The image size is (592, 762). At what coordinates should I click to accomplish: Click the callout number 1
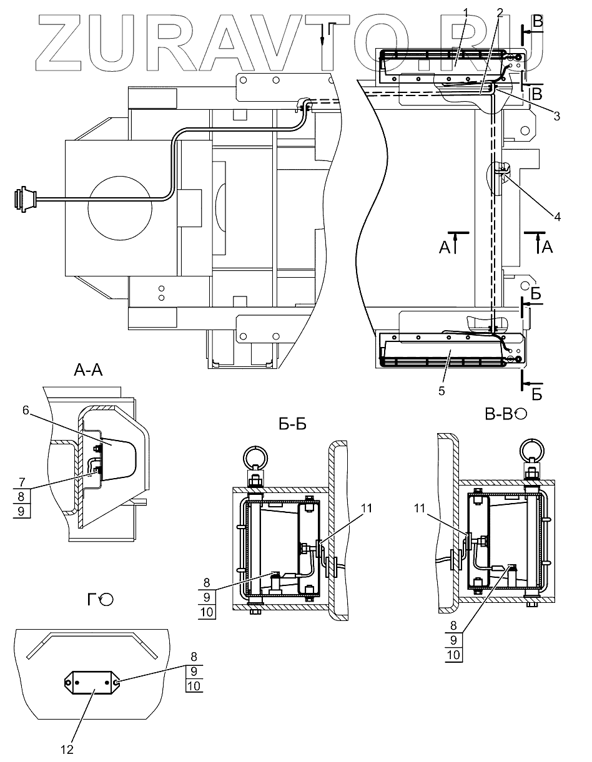point(465,12)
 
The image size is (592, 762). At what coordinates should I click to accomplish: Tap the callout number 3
point(557,116)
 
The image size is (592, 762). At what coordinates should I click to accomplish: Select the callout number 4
point(557,217)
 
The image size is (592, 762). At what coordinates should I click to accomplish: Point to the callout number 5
point(442,391)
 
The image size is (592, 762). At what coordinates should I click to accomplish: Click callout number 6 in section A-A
point(26,410)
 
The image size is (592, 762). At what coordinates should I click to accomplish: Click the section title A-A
point(88,370)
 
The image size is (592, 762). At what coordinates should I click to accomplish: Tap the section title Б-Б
point(292,424)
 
